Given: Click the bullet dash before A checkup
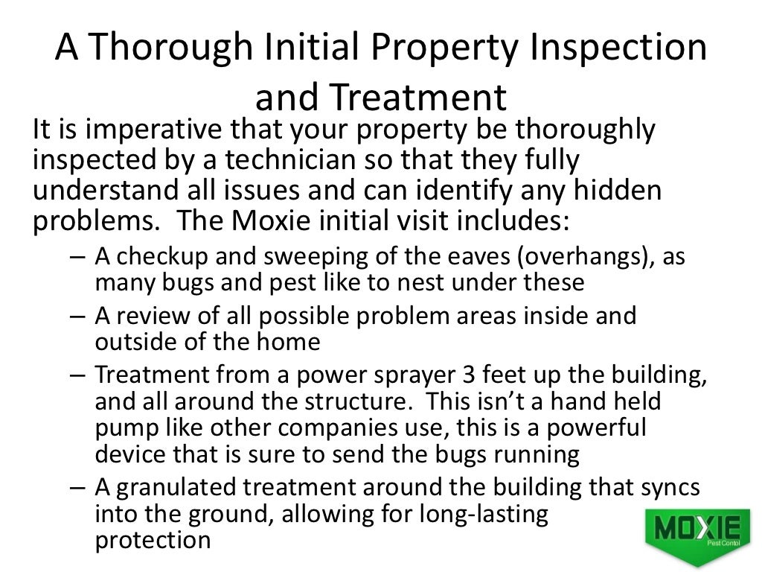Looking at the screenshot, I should pos(80,258).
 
